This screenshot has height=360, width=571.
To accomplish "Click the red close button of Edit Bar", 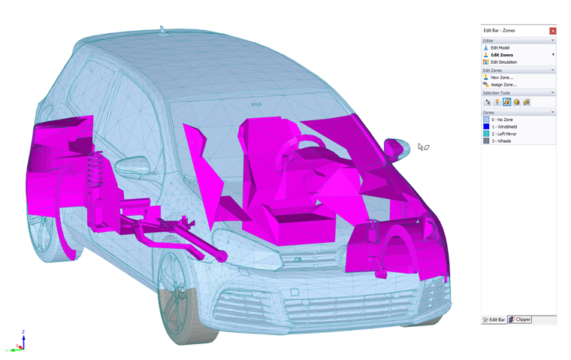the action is (552, 31).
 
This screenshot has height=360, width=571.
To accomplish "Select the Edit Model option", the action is (500, 48).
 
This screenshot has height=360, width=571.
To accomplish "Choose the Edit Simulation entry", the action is (503, 62).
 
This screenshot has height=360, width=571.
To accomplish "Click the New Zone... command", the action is (502, 77).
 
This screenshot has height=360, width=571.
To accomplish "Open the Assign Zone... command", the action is (503, 84).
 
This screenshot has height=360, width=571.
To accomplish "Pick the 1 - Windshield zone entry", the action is (504, 127).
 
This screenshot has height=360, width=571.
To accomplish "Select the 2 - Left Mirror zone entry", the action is (503, 134).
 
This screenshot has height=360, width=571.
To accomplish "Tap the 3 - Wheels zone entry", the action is (501, 141).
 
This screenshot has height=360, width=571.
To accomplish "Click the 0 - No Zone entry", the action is (502, 119).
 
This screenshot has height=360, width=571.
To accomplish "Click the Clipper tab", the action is (520, 319).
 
